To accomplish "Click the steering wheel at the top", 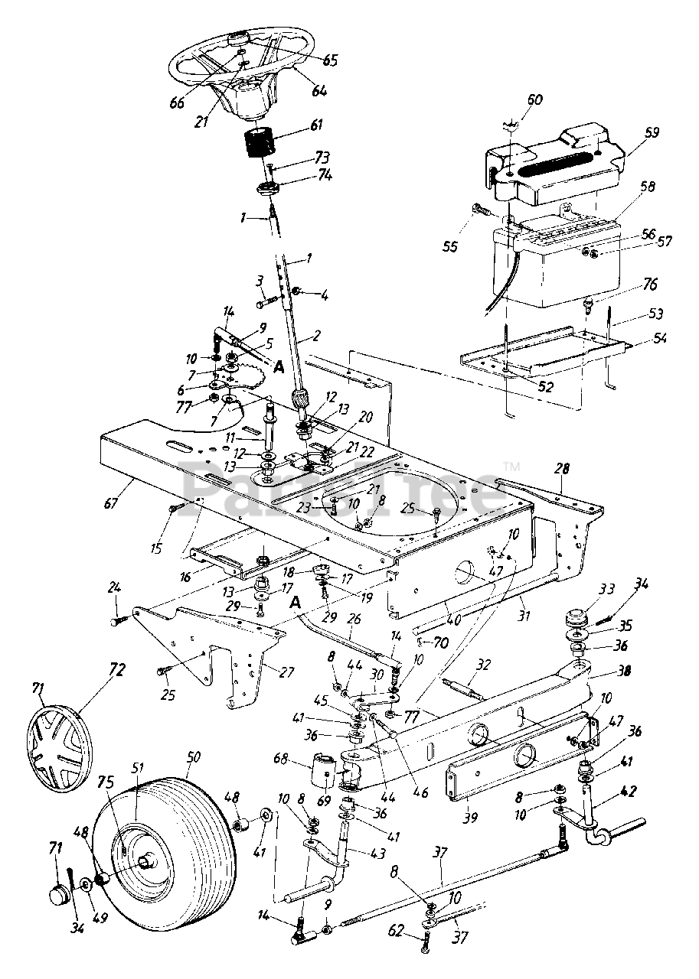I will (237, 65).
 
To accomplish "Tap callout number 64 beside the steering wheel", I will (318, 90).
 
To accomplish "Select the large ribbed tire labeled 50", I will (176, 830).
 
